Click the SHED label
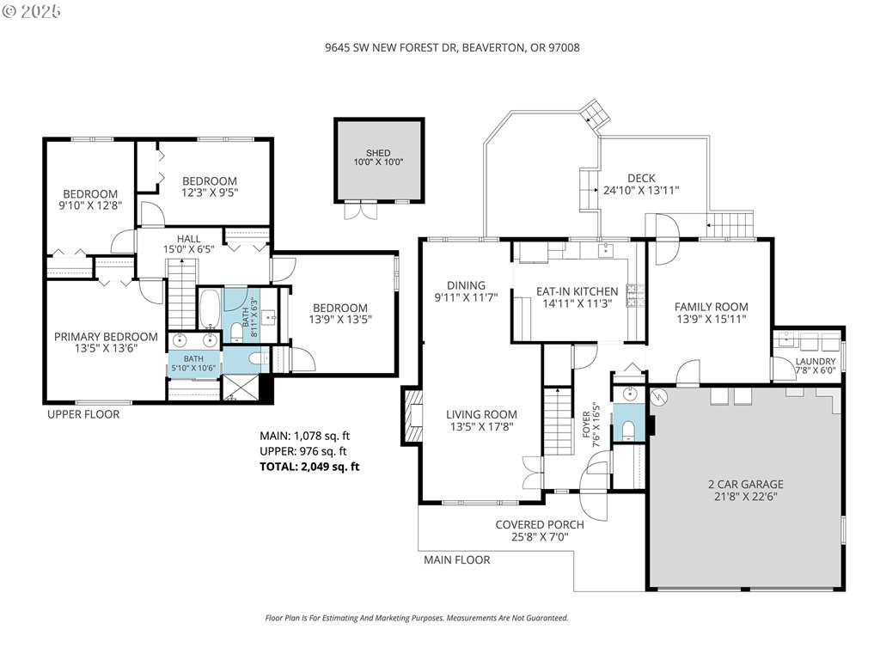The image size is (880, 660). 378,153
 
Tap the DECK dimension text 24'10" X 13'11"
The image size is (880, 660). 641,190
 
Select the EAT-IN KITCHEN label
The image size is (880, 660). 577,291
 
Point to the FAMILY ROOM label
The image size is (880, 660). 711,307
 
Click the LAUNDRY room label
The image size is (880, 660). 816,362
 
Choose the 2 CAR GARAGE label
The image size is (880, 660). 746,484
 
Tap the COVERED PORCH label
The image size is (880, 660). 540,525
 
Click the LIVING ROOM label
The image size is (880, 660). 481,415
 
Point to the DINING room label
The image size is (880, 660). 466,285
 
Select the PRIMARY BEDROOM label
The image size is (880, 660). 106,337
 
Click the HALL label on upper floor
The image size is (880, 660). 188,239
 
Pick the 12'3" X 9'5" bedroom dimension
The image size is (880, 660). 210,193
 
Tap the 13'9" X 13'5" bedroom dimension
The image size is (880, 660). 340,320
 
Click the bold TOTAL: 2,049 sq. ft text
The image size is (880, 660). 309,467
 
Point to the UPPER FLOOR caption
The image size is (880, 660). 83,414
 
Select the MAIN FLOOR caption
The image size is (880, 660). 457,559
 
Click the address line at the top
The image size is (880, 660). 452,48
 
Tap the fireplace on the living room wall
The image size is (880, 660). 412,416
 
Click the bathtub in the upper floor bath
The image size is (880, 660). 210,309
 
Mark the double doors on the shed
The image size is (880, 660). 360,210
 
